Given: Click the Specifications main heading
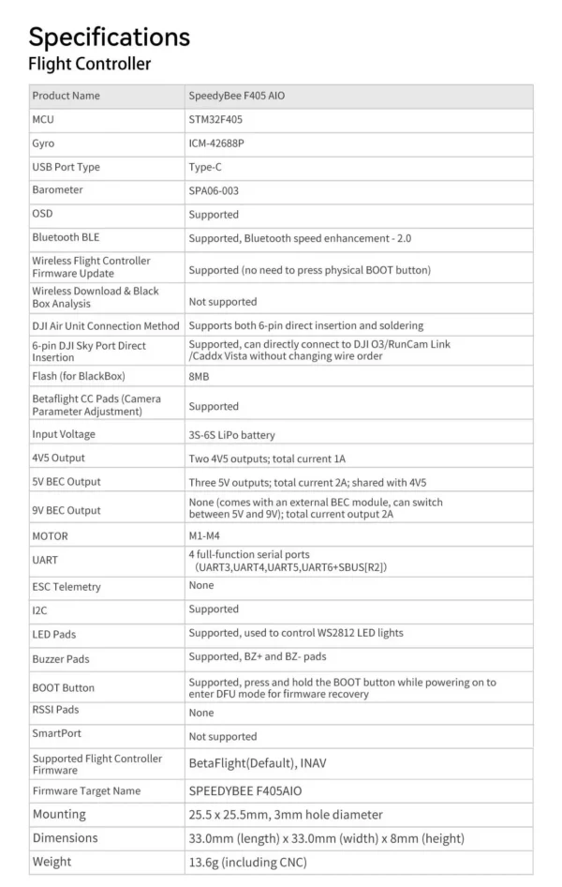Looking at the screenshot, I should click(x=109, y=38).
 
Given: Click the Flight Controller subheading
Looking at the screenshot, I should click(x=89, y=65).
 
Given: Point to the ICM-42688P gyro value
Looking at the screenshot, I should click(x=222, y=143).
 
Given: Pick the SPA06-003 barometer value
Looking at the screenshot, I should click(x=219, y=190).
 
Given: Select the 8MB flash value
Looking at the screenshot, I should click(x=199, y=376).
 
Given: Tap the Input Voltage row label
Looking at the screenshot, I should click(x=64, y=434).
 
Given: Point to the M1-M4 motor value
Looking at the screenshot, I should click(x=204, y=536).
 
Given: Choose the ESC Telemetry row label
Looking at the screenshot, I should click(x=66, y=587).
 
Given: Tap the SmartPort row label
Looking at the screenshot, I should click(x=55, y=733).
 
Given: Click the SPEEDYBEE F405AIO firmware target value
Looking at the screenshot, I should click(x=245, y=791).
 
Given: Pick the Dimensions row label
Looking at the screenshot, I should click(x=65, y=838).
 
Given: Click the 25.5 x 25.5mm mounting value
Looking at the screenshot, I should click(x=286, y=815).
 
